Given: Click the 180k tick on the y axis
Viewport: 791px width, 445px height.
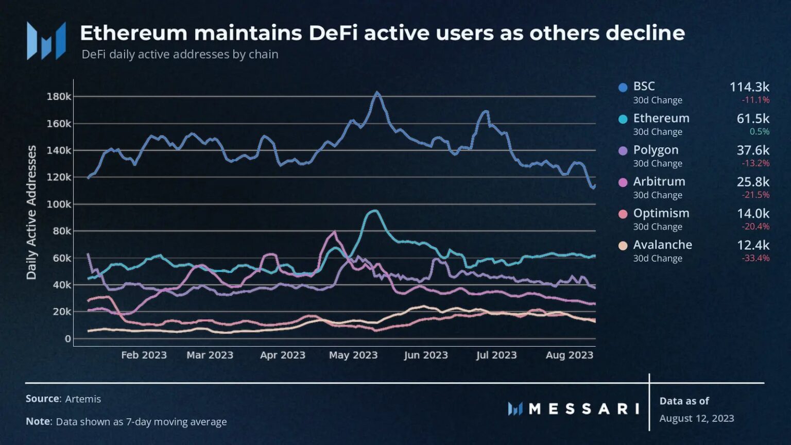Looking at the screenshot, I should tap(59, 96).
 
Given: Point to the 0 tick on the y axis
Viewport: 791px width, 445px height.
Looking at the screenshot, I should tap(67, 339).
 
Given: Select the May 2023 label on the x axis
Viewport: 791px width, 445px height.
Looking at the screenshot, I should tap(353, 355).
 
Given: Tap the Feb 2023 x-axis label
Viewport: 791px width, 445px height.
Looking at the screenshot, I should tap(144, 355).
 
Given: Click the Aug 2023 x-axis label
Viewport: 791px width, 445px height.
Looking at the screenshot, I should tap(569, 355).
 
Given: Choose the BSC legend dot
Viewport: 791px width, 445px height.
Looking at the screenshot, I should tap(623, 88).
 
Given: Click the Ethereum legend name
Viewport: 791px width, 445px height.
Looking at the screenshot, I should tap(661, 118).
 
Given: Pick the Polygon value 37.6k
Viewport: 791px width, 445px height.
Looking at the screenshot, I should tap(752, 150).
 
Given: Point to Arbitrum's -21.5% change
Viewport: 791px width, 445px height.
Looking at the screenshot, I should tap(755, 195).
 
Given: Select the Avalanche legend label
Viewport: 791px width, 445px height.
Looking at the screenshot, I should tap(662, 245).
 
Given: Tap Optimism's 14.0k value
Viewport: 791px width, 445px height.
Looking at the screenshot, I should tap(753, 213).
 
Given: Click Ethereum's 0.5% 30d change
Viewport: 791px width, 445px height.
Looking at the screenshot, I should tap(759, 131).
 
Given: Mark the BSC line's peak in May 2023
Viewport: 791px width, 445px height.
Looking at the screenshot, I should tap(377, 93).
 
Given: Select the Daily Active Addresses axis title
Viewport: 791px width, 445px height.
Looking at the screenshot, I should tap(31, 212).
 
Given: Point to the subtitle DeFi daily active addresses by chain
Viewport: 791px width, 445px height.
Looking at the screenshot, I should tap(180, 54).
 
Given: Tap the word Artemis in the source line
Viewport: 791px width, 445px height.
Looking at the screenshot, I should tap(83, 399).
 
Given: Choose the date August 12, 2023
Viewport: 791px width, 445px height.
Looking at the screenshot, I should tap(696, 418).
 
